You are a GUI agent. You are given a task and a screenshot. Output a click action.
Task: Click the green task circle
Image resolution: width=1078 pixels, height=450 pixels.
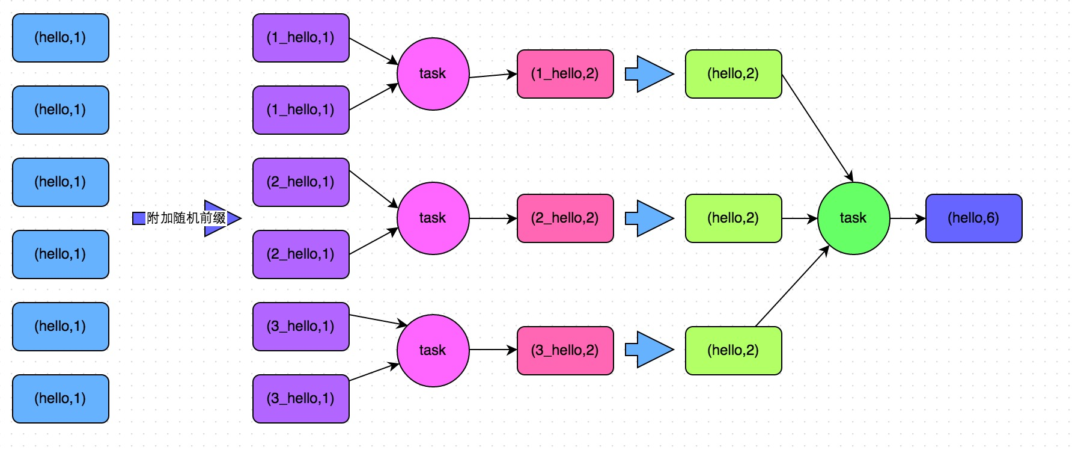[x=853, y=218]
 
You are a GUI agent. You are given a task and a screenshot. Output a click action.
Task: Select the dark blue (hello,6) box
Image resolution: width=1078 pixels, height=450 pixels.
[x=973, y=218]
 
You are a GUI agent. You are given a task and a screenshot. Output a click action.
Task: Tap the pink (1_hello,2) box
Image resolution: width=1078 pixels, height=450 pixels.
[x=565, y=73]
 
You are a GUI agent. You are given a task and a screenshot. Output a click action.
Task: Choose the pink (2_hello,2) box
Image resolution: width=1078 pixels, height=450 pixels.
[x=565, y=218]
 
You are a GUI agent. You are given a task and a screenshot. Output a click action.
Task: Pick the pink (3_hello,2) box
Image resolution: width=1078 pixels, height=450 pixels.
[x=565, y=350]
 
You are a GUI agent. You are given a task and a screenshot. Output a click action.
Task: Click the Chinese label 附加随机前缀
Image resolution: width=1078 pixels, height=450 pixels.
[x=186, y=218]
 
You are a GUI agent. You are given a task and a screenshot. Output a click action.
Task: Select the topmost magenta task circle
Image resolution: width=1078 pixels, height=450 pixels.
[x=433, y=73]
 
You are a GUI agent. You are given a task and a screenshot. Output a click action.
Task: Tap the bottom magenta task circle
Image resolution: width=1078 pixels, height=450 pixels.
[x=433, y=350]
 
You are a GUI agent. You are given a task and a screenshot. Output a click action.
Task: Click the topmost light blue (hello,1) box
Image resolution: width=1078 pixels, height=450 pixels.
[x=60, y=37]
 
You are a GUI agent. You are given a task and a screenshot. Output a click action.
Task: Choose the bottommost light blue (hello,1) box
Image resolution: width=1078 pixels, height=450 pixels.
[x=60, y=398]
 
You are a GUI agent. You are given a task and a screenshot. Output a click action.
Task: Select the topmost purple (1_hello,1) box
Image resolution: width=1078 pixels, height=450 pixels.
[x=300, y=37]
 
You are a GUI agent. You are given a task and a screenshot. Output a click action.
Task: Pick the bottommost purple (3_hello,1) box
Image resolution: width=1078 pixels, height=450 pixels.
[x=300, y=398]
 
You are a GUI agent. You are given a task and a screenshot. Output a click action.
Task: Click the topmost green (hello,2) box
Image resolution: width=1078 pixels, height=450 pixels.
[x=733, y=73]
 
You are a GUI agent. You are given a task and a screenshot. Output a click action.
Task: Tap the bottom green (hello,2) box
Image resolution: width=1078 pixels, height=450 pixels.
[x=733, y=350]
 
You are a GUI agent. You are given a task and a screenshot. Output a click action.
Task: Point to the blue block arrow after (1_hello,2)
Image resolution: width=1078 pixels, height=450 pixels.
[x=649, y=74]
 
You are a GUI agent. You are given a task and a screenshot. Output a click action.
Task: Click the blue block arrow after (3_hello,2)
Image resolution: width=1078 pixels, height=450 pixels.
[x=649, y=350]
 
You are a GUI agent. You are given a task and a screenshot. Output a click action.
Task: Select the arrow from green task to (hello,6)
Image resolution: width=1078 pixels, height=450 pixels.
[x=907, y=218]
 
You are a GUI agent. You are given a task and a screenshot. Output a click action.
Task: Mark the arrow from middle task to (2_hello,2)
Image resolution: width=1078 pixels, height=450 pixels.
[x=493, y=218]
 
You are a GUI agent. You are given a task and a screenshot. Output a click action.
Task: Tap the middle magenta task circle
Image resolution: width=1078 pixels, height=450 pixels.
[x=433, y=218]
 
